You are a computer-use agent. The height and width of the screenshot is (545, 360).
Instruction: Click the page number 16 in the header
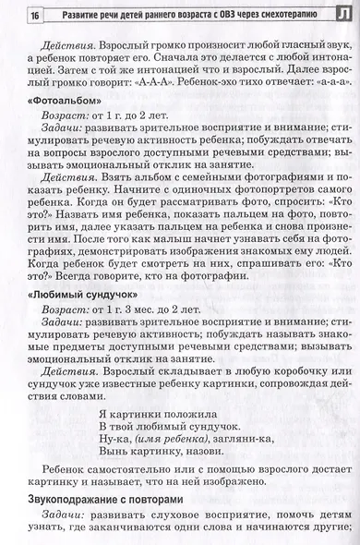click(34, 16)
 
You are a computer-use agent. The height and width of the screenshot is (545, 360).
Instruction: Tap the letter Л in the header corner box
click(342, 14)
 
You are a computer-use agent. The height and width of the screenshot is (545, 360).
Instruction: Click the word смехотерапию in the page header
click(281, 15)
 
